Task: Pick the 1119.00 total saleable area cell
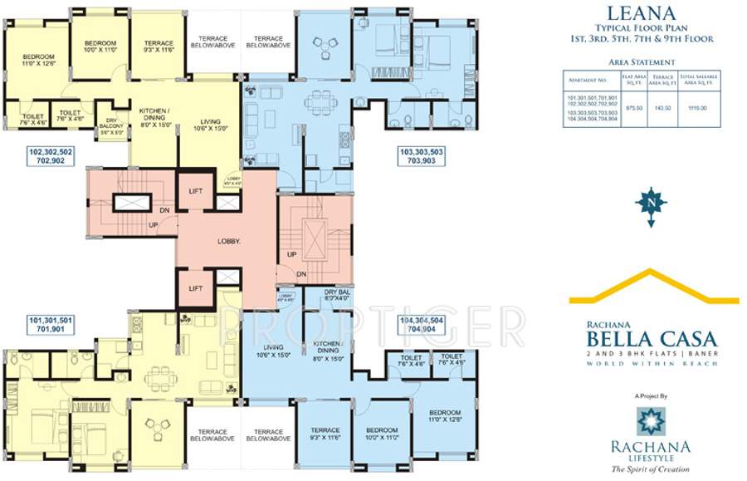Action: [x=698, y=107]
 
